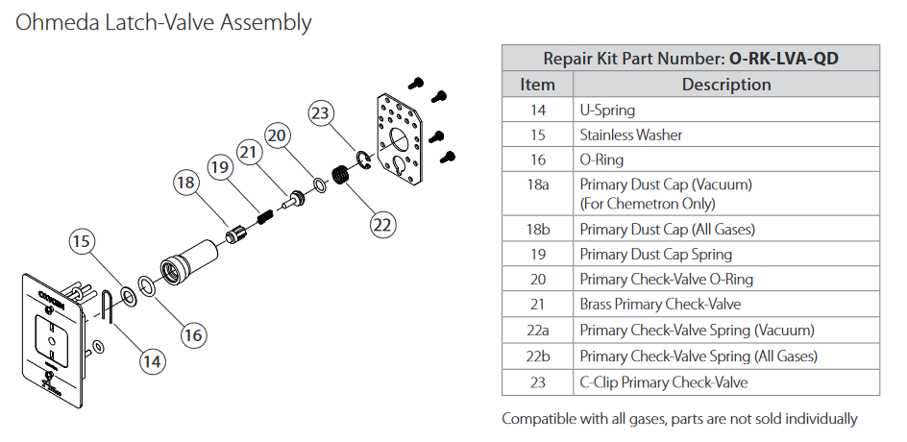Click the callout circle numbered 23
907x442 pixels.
(320, 112)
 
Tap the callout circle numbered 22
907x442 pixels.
(382, 224)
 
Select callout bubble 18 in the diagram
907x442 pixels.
(186, 181)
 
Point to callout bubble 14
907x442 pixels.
(151, 360)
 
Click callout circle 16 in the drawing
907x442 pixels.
(193, 334)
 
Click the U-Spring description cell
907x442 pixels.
(607, 110)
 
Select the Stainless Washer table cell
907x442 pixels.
(631, 135)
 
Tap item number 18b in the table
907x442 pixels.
(537, 229)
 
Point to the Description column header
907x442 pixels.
(726, 85)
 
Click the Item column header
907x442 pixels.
(537, 85)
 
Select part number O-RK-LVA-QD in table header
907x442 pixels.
(784, 59)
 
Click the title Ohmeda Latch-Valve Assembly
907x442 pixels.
(163, 22)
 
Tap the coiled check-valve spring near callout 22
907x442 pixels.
(339, 178)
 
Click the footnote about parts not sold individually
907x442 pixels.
(679, 419)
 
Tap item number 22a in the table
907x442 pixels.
(537, 330)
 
